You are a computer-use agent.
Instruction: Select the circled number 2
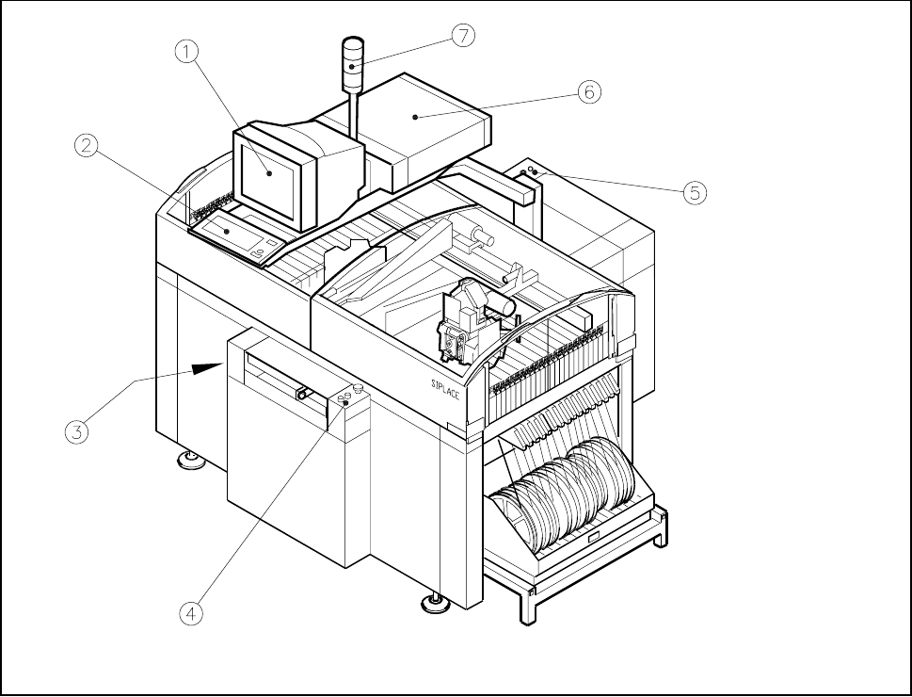pos(87,145)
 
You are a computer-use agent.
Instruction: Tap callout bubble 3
pos(77,432)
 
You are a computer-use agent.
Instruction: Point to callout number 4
pos(191,612)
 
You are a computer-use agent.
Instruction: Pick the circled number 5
pos(693,193)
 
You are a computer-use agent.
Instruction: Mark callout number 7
pos(462,36)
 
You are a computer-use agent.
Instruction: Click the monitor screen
pos(271,173)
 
